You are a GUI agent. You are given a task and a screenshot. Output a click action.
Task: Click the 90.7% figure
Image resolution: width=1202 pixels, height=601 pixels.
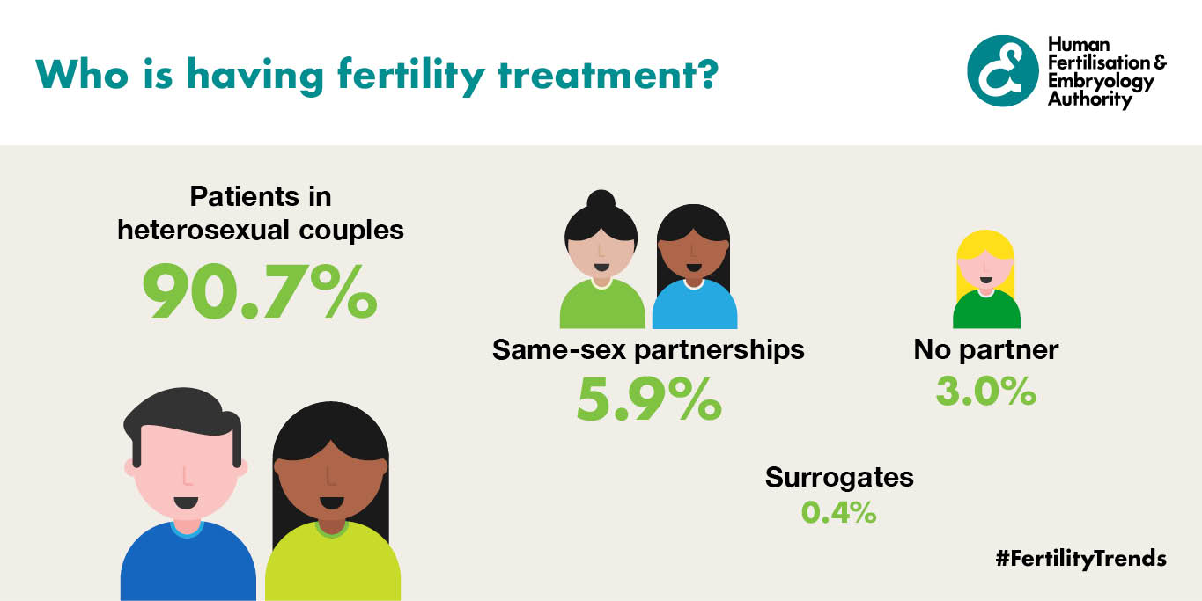coord(260,291)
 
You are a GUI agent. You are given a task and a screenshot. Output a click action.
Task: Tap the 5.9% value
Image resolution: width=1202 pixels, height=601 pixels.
coord(649,399)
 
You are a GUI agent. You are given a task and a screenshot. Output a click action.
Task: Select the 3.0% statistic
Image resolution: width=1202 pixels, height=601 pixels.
coord(985,391)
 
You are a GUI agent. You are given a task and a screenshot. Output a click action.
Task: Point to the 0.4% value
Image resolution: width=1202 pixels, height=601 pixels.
coord(838,512)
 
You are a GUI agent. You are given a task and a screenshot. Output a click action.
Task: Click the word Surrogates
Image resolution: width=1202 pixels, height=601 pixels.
coord(839,478)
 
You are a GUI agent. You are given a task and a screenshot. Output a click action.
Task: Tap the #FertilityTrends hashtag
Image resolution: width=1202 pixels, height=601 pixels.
coord(1080,559)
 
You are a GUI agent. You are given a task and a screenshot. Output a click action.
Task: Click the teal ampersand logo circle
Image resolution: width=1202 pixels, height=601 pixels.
coord(1002,70)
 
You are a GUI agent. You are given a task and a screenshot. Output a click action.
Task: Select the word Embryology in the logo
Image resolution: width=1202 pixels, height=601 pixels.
coord(1101,82)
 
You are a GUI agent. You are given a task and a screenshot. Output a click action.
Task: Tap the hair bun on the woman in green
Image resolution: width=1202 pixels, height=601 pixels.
coord(601,200)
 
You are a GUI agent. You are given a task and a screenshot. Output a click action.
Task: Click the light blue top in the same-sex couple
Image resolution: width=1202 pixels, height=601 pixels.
coord(695,305)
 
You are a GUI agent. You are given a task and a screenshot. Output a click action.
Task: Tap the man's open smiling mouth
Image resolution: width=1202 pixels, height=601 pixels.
coord(186,503)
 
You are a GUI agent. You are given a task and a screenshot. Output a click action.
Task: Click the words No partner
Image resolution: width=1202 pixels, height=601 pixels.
coord(985,350)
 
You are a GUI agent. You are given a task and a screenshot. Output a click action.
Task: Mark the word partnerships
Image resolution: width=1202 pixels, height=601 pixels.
coord(719,350)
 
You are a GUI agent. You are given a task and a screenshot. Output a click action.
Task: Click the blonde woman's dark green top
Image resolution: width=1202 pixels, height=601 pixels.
coord(986,311)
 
